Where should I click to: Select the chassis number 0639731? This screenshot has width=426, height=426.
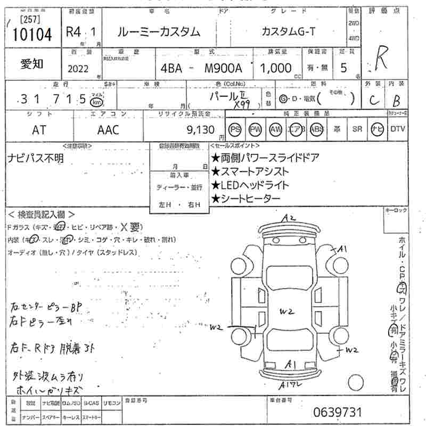click(338, 412)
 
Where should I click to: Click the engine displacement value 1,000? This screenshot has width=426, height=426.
click(275, 68)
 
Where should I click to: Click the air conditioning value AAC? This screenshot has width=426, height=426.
click(108, 129)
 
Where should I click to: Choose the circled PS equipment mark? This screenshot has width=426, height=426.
click(235, 129)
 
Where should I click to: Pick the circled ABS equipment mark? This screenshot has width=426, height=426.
click(316, 129)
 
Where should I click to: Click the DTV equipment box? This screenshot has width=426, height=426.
click(397, 129)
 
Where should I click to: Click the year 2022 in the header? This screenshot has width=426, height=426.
click(79, 68)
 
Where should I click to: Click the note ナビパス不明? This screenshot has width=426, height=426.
click(36, 157)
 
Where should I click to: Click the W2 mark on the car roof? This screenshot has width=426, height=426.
click(288, 311)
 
